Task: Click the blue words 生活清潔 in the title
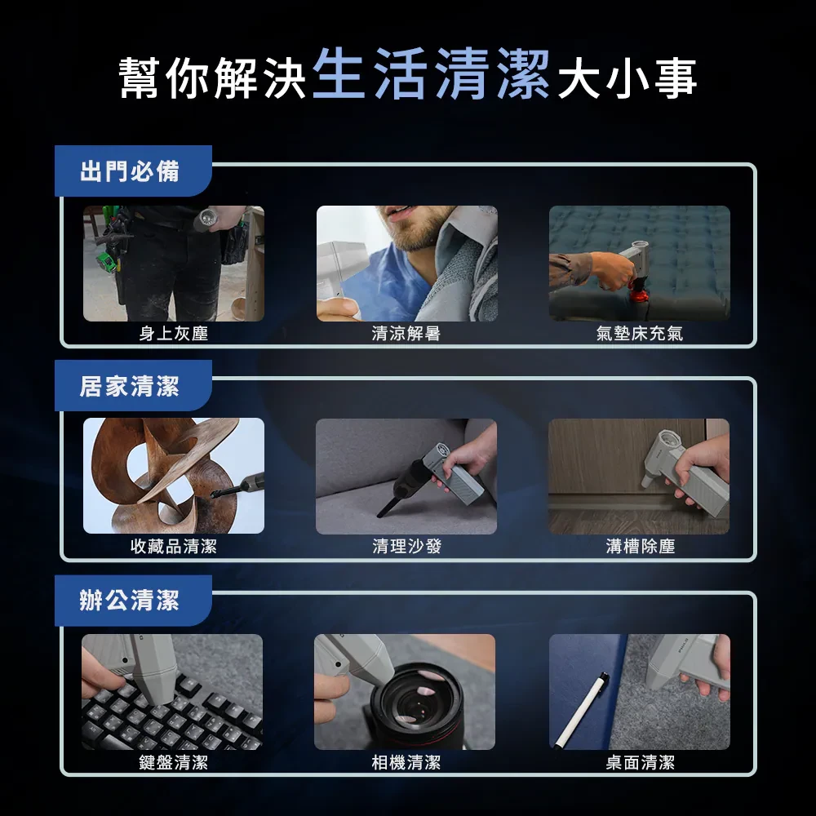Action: click(430, 76)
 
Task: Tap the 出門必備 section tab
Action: click(130, 171)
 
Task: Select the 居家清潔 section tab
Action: click(130, 386)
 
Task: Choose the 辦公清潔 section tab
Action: click(130, 601)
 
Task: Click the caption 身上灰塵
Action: click(174, 333)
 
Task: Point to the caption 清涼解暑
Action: click(406, 333)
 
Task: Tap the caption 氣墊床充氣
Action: click(640, 333)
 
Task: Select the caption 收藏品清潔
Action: click(174, 547)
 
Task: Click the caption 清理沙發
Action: click(406, 547)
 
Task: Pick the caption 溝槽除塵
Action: click(640, 547)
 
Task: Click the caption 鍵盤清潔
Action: click(174, 762)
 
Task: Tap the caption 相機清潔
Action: click(406, 762)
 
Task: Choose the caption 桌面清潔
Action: click(640, 762)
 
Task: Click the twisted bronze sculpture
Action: click(163, 473)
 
